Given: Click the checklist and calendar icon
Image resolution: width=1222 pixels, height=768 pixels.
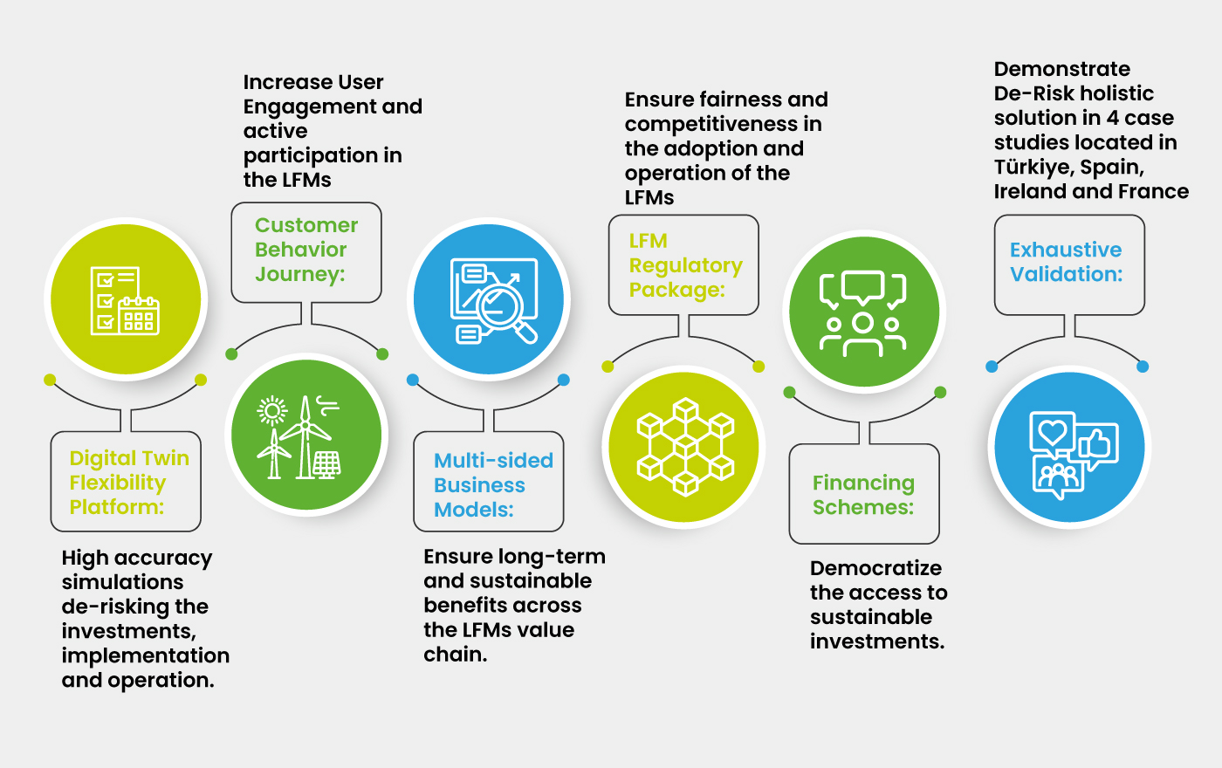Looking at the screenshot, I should coord(125,300).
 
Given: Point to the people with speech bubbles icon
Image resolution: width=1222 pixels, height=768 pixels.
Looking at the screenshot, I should coord(863,312).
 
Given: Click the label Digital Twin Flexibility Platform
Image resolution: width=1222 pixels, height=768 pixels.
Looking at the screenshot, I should coord(127,483).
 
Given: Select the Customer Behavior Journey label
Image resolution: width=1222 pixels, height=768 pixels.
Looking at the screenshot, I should coord(305,250).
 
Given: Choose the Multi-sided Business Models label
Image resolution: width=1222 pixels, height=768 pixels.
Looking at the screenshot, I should coord(492,485).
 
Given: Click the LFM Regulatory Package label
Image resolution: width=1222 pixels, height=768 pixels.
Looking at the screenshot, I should coord(684,265).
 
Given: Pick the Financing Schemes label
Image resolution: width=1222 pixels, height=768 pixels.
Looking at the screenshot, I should coord(863,495).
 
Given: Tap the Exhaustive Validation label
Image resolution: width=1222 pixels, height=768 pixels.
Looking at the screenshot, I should coord(1066,262).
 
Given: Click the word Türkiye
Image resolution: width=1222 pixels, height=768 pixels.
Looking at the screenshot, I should coord(1033,167).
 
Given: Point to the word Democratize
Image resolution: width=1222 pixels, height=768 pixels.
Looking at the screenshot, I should coord(875,568).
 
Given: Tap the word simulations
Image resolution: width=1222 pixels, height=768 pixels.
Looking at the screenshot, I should coord(122,582).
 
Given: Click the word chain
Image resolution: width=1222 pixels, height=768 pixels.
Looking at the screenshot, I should coord(455,655).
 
